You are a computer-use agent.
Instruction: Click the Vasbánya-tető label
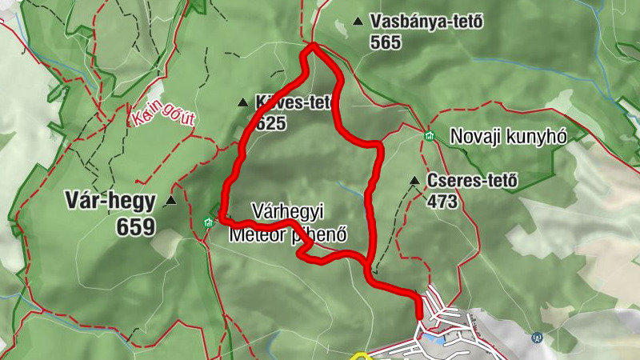427,22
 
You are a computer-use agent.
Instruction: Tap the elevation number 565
386,43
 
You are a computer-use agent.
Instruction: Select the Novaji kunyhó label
508,136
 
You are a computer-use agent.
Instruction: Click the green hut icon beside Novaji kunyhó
430,136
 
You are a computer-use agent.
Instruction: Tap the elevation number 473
442,202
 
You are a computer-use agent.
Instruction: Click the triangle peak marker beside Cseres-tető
414,181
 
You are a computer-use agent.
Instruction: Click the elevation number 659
135,228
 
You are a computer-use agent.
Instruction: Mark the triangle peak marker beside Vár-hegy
170,201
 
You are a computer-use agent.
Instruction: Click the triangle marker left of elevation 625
242,102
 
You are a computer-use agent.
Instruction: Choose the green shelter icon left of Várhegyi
209,222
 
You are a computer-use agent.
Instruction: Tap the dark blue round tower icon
537,338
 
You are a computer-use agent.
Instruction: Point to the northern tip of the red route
312,46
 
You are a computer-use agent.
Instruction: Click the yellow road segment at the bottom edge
360,355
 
